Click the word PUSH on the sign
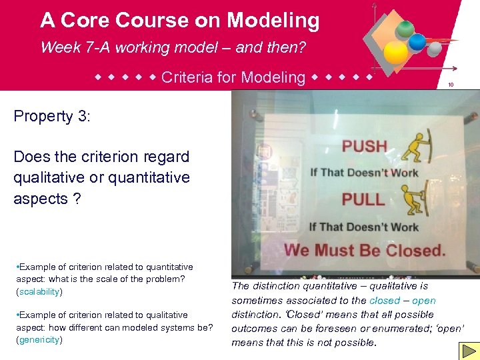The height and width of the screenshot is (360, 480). click(x=364, y=146)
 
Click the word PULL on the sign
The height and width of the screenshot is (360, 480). click(x=363, y=199)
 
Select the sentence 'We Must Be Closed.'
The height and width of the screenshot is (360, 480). click(x=365, y=251)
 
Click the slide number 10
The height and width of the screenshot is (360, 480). click(x=451, y=85)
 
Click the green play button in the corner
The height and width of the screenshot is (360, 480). click(x=469, y=351)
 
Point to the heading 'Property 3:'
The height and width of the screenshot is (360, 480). click(x=52, y=116)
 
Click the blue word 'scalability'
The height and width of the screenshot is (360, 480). click(x=39, y=292)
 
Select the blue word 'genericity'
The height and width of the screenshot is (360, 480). click(x=39, y=340)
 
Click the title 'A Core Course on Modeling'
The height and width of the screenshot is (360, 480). click(x=179, y=21)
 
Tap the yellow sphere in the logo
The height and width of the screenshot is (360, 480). click(x=396, y=51)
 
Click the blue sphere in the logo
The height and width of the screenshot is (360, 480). click(x=417, y=43)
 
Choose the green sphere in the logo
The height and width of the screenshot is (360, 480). click(x=405, y=28)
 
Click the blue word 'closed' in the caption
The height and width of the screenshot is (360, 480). click(x=385, y=301)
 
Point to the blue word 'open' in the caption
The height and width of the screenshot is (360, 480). click(x=423, y=301)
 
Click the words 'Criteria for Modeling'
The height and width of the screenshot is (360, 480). click(x=233, y=77)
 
